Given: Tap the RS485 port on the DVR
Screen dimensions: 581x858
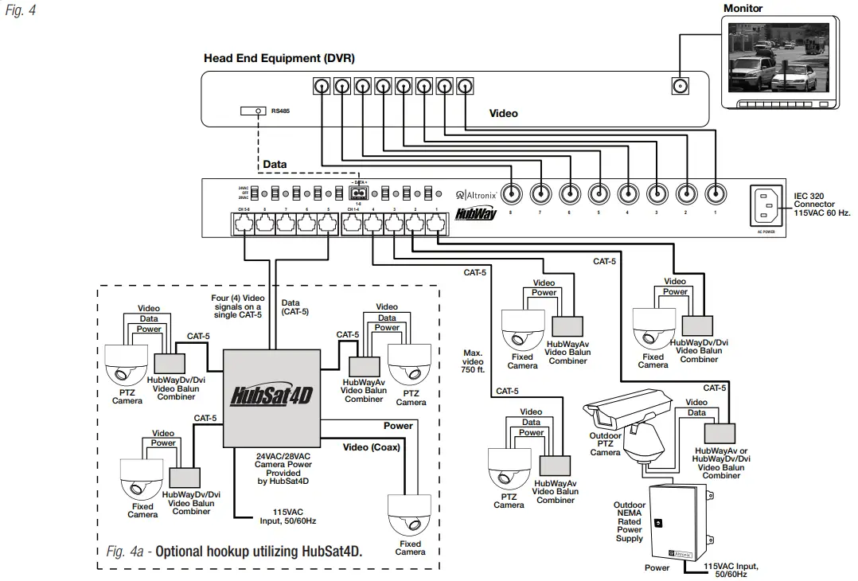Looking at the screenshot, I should pyautogui.click(x=259, y=111).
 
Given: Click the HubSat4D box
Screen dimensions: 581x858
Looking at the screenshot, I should pyautogui.click(x=271, y=397).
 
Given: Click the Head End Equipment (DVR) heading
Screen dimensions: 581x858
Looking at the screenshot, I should pyautogui.click(x=279, y=58).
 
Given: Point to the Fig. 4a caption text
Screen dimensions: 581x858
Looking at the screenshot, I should pyautogui.click(x=234, y=551).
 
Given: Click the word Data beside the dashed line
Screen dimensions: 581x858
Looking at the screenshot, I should pyautogui.click(x=275, y=165).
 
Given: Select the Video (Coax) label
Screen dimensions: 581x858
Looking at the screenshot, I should pyautogui.click(x=372, y=447).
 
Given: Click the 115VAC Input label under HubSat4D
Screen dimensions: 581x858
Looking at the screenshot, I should pyautogui.click(x=294, y=517).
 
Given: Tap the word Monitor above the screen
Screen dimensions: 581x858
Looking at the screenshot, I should pyautogui.click(x=743, y=9).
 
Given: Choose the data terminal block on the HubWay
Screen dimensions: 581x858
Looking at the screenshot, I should pyautogui.click(x=359, y=193).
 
